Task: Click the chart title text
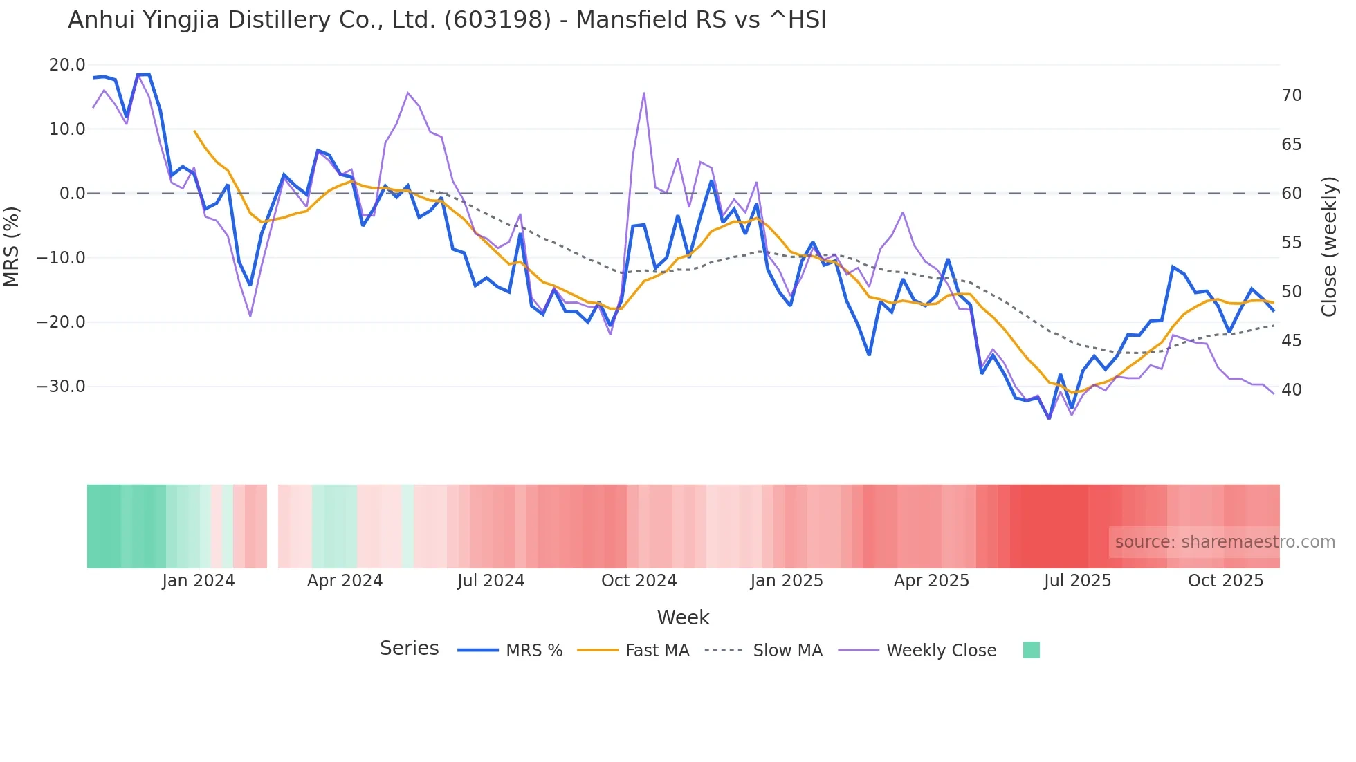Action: click(447, 20)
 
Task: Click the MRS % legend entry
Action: click(533, 651)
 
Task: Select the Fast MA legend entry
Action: click(657, 651)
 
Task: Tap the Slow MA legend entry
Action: click(787, 651)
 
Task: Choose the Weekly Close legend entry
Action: click(941, 651)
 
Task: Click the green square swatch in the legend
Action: click(1031, 650)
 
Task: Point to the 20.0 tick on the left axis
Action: click(67, 65)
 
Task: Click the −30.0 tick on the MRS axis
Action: click(61, 387)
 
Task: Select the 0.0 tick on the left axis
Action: click(72, 194)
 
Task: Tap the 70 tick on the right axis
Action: click(1291, 95)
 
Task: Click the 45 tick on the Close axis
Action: click(1291, 341)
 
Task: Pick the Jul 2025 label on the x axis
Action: click(1077, 581)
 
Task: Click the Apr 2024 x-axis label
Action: click(345, 581)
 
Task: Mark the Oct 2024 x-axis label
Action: click(639, 581)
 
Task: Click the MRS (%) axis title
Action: click(12, 247)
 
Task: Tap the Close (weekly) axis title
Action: click(1329, 247)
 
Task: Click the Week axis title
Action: click(683, 617)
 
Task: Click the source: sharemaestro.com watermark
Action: click(1225, 542)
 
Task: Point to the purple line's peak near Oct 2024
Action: click(643, 93)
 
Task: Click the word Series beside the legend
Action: click(409, 649)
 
